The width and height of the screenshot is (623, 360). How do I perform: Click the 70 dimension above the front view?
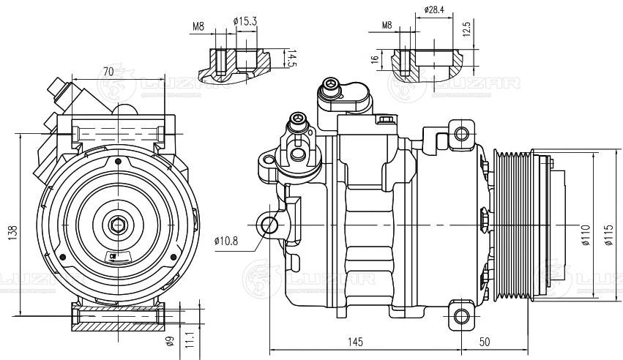coord(108,72)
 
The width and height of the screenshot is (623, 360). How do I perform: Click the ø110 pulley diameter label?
coord(586,234)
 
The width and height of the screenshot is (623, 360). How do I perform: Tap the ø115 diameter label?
coord(608,234)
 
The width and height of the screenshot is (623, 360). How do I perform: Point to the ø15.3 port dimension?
coord(245,21)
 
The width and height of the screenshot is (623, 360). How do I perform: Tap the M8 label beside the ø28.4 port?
coord(387,26)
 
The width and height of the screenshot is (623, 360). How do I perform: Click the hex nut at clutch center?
coord(118,225)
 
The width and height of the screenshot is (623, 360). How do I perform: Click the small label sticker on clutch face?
coord(118,255)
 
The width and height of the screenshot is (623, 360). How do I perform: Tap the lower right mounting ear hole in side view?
coord(460,316)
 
